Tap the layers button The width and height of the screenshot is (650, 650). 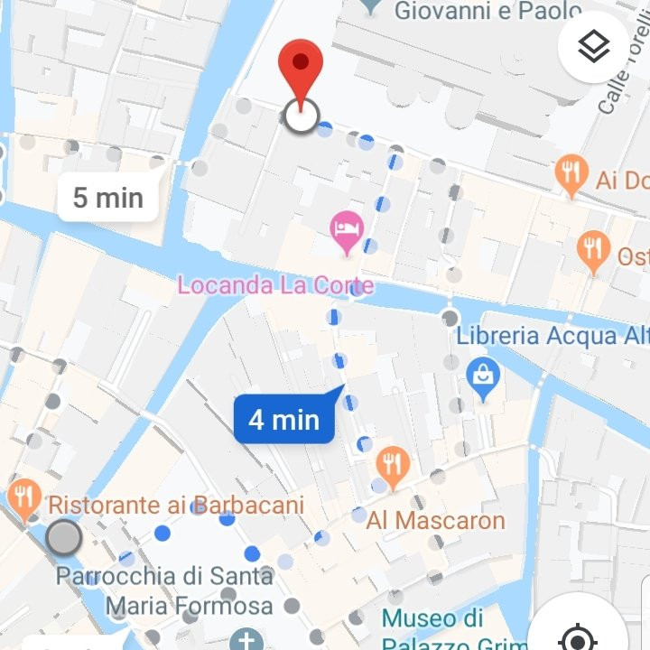tap(593, 47)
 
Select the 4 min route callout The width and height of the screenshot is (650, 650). tap(284, 419)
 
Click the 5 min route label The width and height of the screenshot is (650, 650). tap(108, 197)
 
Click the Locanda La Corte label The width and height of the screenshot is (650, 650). tap(275, 285)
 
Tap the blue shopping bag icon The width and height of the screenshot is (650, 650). tap(484, 377)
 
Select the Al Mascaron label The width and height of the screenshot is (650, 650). tap(435, 520)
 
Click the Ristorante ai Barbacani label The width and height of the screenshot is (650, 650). tap(175, 505)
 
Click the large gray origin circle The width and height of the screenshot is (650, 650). tap(63, 538)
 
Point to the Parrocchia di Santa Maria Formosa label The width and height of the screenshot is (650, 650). tap(165, 590)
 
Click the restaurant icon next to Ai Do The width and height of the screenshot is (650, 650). tap(571, 174)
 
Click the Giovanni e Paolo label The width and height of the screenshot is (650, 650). tap(487, 12)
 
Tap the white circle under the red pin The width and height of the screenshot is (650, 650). tap(301, 116)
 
